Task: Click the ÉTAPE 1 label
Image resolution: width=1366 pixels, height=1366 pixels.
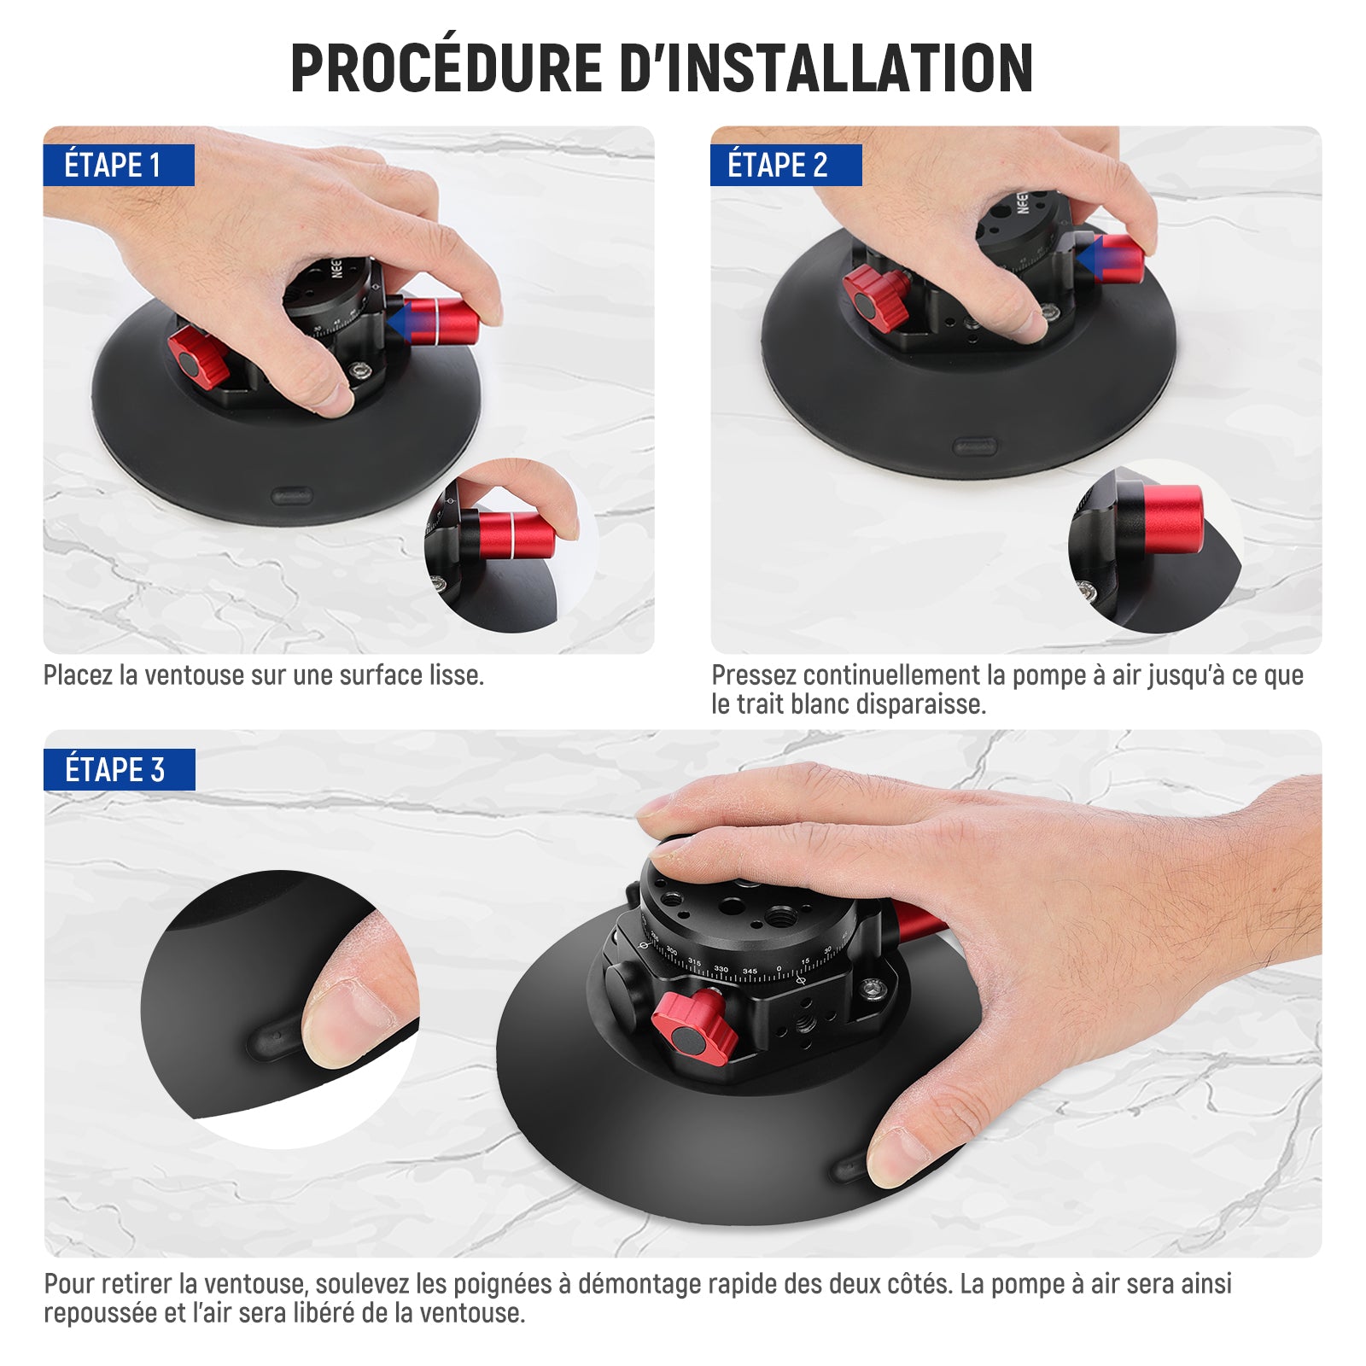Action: [119, 165]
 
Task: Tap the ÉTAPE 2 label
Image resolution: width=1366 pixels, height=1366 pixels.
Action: [785, 165]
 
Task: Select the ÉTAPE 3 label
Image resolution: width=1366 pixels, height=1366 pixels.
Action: [119, 769]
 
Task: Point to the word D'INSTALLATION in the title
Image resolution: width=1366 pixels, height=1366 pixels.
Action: [826, 67]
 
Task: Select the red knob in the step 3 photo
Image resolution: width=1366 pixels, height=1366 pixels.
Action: [694, 1029]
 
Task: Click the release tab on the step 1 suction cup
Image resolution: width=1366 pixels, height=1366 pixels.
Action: [292, 496]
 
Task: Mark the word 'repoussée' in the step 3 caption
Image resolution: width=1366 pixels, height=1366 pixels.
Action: [102, 1314]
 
